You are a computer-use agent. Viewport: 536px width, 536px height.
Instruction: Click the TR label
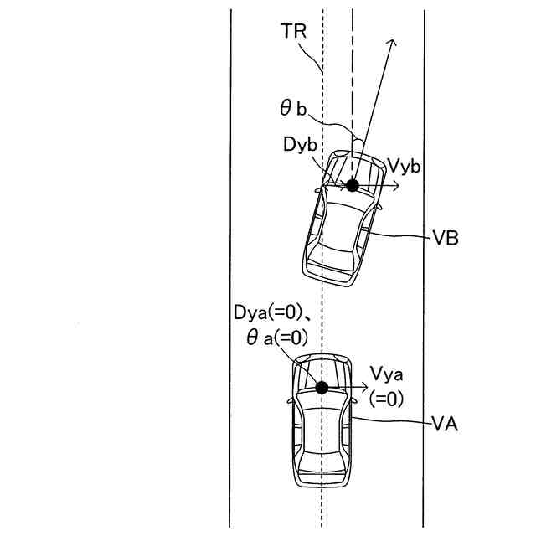pos(294,32)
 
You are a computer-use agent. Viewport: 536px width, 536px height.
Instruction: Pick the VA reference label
pos(445,425)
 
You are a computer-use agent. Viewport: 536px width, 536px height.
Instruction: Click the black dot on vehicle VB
pos(353,185)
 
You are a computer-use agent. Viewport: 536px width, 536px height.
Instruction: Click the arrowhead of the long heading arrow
pos(391,41)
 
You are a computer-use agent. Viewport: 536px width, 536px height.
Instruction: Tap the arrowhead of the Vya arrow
pos(365,386)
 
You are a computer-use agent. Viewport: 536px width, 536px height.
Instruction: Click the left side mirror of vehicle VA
pos(291,399)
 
